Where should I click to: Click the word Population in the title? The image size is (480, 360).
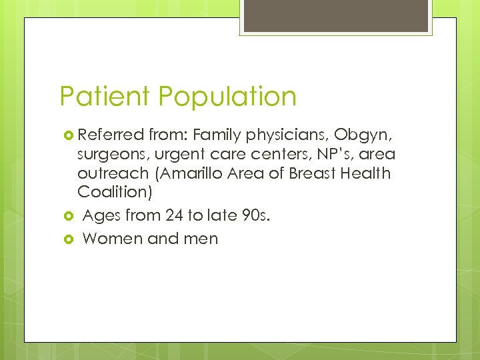point(227,97)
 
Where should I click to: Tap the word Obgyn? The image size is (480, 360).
point(366,136)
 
